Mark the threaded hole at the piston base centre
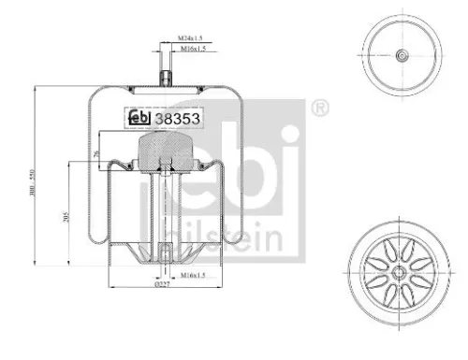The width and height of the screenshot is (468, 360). click(164, 252)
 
